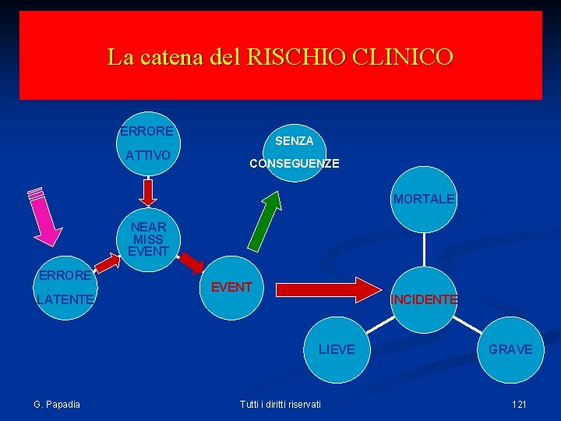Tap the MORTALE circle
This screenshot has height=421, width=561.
click(423, 200)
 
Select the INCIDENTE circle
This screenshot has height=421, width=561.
click(424, 299)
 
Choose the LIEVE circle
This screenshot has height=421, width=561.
click(336, 349)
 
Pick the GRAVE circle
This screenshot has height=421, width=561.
click(510, 349)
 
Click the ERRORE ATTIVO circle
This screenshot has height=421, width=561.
click(148, 143)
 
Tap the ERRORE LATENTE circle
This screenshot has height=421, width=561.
click(65, 288)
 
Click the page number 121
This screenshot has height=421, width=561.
click(519, 403)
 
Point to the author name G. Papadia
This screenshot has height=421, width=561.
click(57, 403)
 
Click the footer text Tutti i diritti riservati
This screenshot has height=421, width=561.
click(280, 403)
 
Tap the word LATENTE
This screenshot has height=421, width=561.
click(64, 299)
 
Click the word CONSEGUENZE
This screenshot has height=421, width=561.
click(294, 164)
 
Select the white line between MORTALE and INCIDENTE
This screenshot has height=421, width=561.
click(424, 249)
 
